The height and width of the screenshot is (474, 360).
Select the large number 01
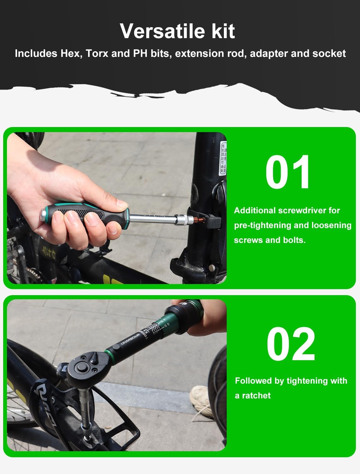tap(288, 172)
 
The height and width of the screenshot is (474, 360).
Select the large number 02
tap(291, 344)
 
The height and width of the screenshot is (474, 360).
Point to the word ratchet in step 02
tap(256, 396)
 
